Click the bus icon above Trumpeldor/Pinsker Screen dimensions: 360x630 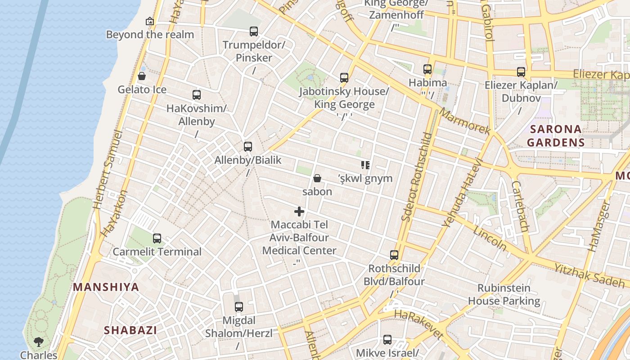(254, 31)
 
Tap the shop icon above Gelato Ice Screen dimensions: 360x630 (142, 76)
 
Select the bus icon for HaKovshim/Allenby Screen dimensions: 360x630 (197, 95)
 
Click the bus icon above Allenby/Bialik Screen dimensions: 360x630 (247, 146)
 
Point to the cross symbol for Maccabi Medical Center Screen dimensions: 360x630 (299, 211)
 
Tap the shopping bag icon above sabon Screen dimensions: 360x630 (317, 178)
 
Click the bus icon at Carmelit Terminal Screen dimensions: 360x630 (157, 238)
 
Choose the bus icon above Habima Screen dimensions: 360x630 (427, 69)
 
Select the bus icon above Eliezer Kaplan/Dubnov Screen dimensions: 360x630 (521, 72)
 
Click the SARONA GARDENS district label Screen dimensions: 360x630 (556, 136)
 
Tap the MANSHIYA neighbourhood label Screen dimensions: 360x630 (106, 287)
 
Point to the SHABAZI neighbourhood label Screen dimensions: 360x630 (130, 330)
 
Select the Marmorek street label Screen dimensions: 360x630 (465, 121)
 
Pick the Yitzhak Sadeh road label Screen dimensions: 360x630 (589, 275)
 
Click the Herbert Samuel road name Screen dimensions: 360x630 (108, 170)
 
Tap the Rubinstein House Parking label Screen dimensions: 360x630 (504, 294)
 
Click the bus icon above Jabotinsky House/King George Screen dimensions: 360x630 (344, 78)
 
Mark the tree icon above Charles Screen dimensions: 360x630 (39, 342)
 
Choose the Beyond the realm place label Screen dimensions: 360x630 (150, 35)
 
